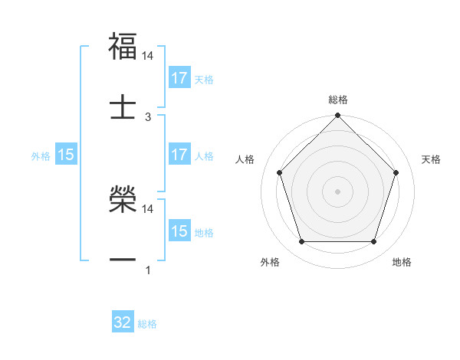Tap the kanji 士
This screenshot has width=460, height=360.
tap(123, 106)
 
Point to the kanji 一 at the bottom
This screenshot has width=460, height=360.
tap(123, 260)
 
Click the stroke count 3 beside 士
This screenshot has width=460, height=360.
tap(149, 116)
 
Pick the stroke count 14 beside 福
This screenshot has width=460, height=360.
tap(149, 56)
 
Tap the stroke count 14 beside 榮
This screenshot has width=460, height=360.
tap(149, 208)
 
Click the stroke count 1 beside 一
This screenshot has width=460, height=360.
tap(148, 270)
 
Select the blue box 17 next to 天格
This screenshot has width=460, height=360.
tap(179, 78)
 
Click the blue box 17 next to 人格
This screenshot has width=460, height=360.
tap(179, 155)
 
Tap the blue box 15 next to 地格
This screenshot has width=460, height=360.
tap(179, 231)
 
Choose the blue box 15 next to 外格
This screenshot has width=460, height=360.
tap(66, 155)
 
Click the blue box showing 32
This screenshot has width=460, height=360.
tap(123, 322)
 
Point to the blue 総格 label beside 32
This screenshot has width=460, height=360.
tap(147, 324)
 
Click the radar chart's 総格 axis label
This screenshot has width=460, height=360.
tap(338, 100)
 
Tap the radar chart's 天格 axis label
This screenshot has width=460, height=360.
tap(431, 159)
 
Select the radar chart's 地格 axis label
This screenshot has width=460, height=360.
tap(402, 263)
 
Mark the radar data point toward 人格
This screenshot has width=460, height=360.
tap(279, 172)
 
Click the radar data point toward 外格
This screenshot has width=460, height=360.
tap(301, 242)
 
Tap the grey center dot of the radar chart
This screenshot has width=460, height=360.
tap(338, 191)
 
